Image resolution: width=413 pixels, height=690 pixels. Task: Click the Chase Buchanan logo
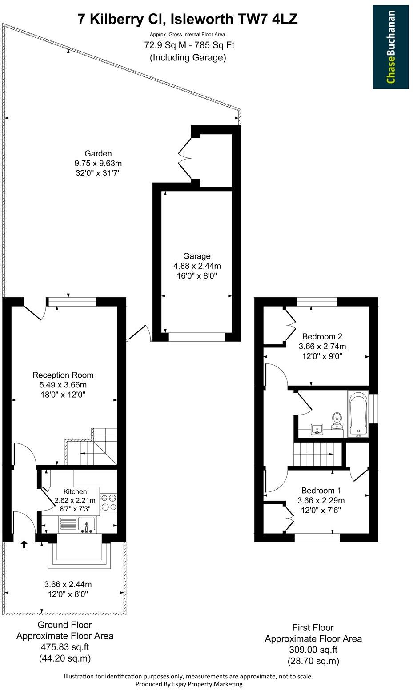(390, 47)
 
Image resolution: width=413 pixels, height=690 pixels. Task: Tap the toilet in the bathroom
(337, 420)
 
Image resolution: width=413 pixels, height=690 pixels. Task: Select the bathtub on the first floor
(358, 414)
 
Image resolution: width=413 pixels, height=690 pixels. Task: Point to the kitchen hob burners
(108, 502)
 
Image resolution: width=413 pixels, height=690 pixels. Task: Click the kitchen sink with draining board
(77, 525)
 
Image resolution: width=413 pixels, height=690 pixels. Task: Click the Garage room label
(196, 256)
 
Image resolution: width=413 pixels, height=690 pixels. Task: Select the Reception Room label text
(63, 375)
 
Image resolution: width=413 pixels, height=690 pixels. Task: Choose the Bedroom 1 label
(321, 491)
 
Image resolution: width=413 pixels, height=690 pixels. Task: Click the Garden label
(98, 154)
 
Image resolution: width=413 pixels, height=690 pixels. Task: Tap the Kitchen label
(75, 491)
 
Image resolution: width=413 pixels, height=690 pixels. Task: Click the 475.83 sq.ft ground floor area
(65, 647)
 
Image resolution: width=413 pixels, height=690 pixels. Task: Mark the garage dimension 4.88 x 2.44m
(197, 266)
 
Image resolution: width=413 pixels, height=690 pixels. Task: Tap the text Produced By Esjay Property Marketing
(188, 684)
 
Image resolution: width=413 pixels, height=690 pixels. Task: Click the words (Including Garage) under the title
(188, 57)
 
